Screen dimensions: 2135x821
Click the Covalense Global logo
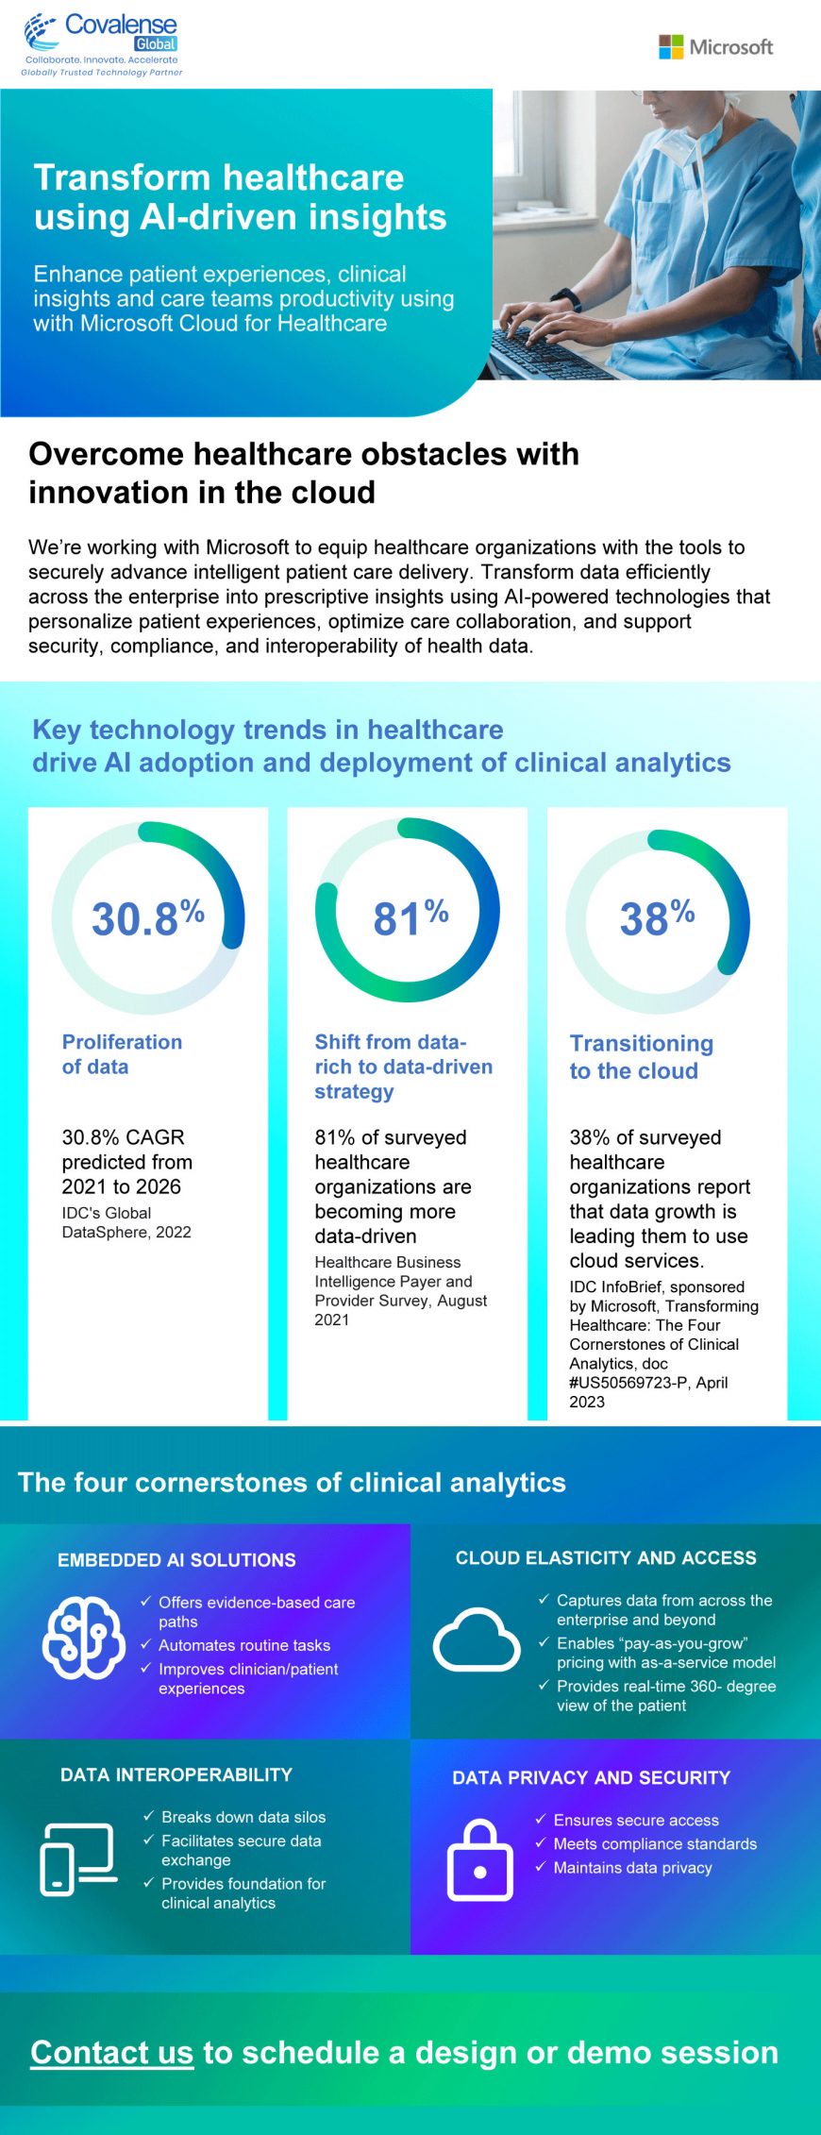[x=102, y=43]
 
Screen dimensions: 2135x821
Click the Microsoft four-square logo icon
[x=671, y=47]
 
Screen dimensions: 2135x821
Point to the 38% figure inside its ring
[x=657, y=917]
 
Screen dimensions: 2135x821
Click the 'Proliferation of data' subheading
[x=122, y=1054]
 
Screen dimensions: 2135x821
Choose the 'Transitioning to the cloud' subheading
[x=641, y=1057]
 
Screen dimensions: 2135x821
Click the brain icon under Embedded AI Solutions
[x=84, y=1638]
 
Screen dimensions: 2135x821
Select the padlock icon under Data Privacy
[x=479, y=1859]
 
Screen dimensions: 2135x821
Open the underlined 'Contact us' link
[x=111, y=2052]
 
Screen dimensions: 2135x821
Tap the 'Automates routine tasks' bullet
[x=243, y=1645]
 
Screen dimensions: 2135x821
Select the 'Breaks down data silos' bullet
[x=243, y=1817]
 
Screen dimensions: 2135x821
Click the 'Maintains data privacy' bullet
[x=632, y=1868]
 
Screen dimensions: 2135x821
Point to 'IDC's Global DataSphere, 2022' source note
[x=126, y=1222]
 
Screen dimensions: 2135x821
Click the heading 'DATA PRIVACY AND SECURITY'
[x=591, y=1777]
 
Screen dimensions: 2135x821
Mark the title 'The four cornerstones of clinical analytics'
[x=292, y=1483]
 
